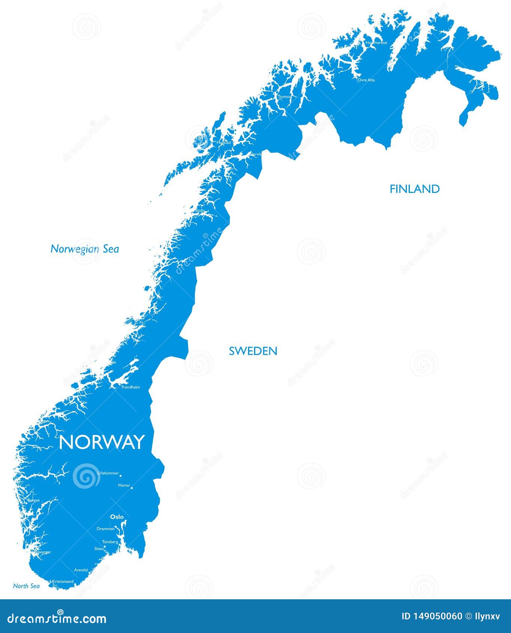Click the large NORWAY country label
(102, 442)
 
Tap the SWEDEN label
(253, 351)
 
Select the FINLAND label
(414, 189)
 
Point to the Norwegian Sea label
(85, 249)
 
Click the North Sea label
(26, 586)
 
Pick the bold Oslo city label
(117, 517)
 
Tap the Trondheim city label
(130, 387)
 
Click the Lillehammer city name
(108, 473)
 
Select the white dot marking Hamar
(132, 488)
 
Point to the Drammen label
(105, 529)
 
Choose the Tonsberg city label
(110, 542)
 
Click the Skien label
(99, 548)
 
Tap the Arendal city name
(81, 570)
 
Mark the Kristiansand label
(63, 582)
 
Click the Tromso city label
(284, 97)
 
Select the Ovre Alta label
(366, 80)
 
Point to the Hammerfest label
(376, 43)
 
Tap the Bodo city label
(200, 211)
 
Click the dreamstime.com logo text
(57, 618)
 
